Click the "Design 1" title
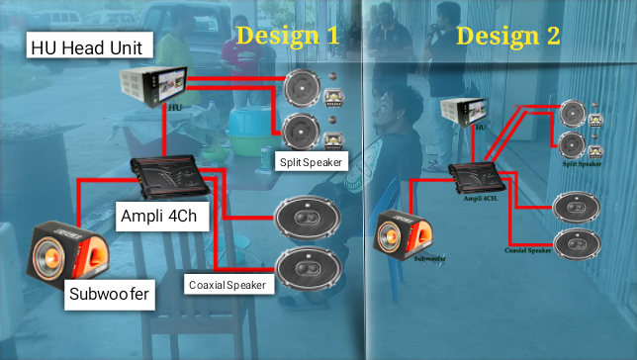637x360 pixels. (x=288, y=36)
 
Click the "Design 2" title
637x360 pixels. (x=508, y=36)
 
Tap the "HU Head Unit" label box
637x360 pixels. (x=90, y=46)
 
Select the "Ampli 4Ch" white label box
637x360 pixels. (x=162, y=216)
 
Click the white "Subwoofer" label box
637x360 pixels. (x=109, y=293)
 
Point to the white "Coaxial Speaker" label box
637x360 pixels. (x=227, y=285)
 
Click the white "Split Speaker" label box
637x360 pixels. (x=312, y=161)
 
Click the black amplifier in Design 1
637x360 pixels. (x=169, y=178)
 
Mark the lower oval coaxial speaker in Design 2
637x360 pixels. (x=576, y=242)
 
